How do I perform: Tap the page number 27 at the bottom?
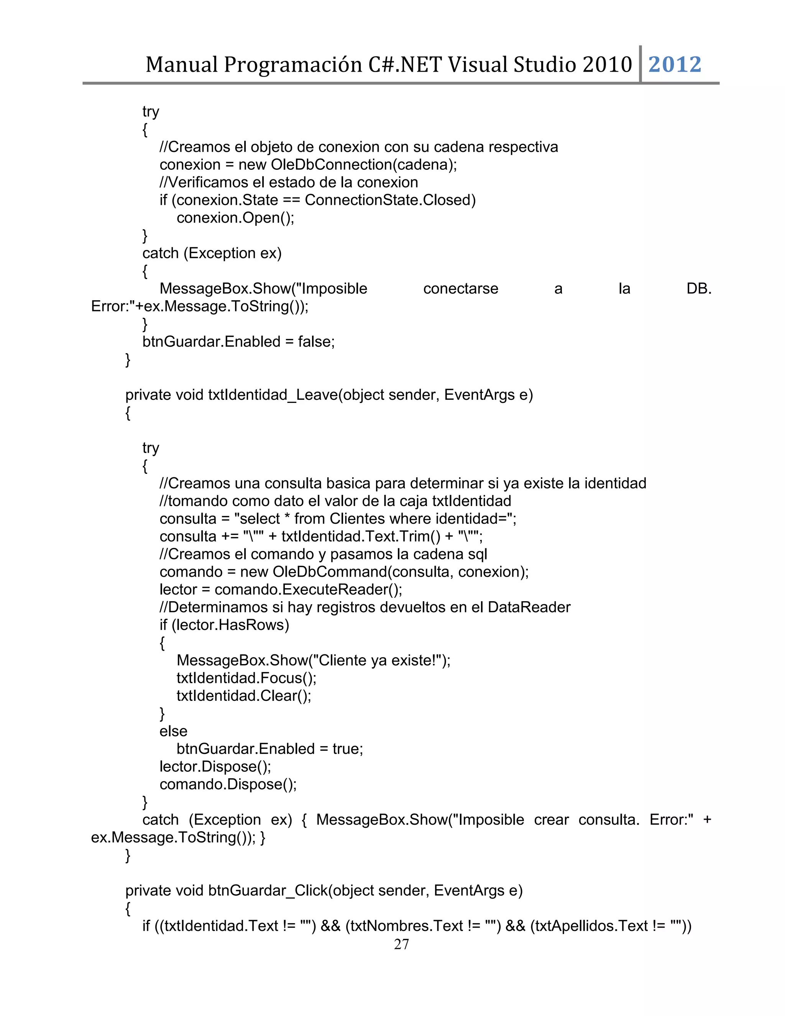point(401,944)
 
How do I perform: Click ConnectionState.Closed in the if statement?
point(390,200)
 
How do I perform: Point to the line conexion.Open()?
point(235,218)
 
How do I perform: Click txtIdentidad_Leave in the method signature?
point(273,395)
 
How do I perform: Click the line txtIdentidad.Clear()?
point(244,695)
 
